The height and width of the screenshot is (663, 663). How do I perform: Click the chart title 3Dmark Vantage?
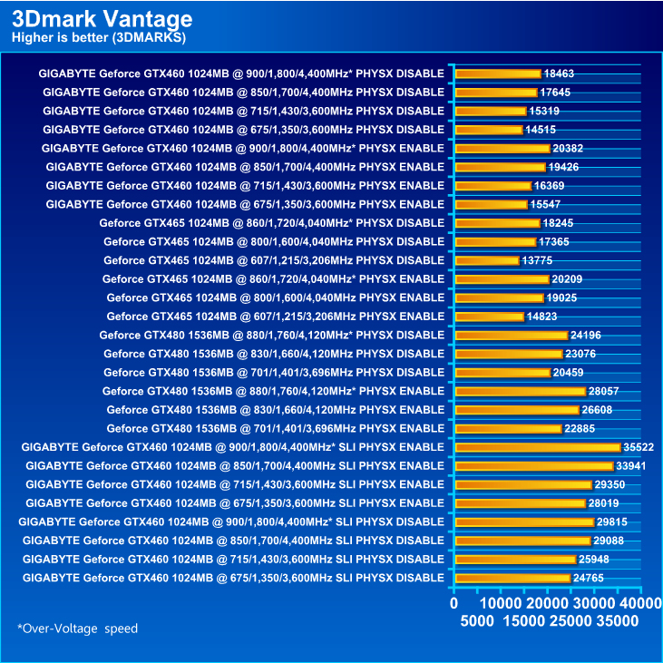pyautogui.click(x=102, y=18)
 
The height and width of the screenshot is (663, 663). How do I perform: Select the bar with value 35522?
pyautogui.click(x=537, y=447)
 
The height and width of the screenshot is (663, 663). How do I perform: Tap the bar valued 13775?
pyautogui.click(x=486, y=260)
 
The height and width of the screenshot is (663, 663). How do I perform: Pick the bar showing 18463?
pyautogui.click(x=497, y=73)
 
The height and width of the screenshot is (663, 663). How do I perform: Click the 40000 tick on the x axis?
pyautogui.click(x=640, y=604)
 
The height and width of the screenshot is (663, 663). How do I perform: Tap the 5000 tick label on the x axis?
pyautogui.click(x=477, y=621)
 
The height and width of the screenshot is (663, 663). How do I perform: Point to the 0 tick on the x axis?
pyautogui.click(x=454, y=604)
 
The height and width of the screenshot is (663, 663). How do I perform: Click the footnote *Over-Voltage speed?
pyautogui.click(x=77, y=628)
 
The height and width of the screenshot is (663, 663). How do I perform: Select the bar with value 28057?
pyautogui.click(x=520, y=391)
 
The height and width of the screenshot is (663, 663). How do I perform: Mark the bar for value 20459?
pyautogui.click(x=502, y=373)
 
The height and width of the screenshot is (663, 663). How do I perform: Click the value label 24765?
pyautogui.click(x=592, y=578)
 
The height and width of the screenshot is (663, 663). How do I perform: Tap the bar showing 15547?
pyautogui.click(x=491, y=204)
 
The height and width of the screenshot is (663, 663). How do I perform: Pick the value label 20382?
pyautogui.click(x=571, y=148)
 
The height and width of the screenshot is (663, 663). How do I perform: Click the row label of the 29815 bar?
pyautogui.click(x=232, y=522)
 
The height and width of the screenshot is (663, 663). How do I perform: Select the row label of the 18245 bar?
pyautogui.click(x=272, y=223)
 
